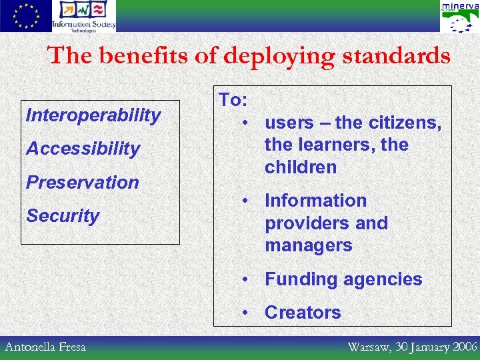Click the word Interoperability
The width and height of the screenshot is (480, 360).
click(x=93, y=115)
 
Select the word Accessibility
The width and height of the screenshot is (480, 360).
click(x=83, y=149)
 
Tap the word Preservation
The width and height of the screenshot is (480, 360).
click(x=82, y=182)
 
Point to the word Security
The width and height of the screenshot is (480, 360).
click(x=62, y=215)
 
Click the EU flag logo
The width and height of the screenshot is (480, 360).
click(x=25, y=16)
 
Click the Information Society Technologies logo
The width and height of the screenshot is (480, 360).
click(x=84, y=16)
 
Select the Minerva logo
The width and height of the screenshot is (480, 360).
click(x=459, y=17)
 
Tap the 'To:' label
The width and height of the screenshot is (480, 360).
click(x=233, y=100)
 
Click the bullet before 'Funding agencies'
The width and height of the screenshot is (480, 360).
click(x=247, y=279)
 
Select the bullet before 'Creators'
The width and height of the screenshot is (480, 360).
click(x=247, y=313)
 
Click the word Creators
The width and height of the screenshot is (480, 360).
click(x=303, y=313)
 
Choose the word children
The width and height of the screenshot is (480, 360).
click(x=300, y=167)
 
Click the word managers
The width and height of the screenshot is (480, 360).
click(x=308, y=245)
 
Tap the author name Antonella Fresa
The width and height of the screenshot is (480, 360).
click(x=45, y=347)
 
